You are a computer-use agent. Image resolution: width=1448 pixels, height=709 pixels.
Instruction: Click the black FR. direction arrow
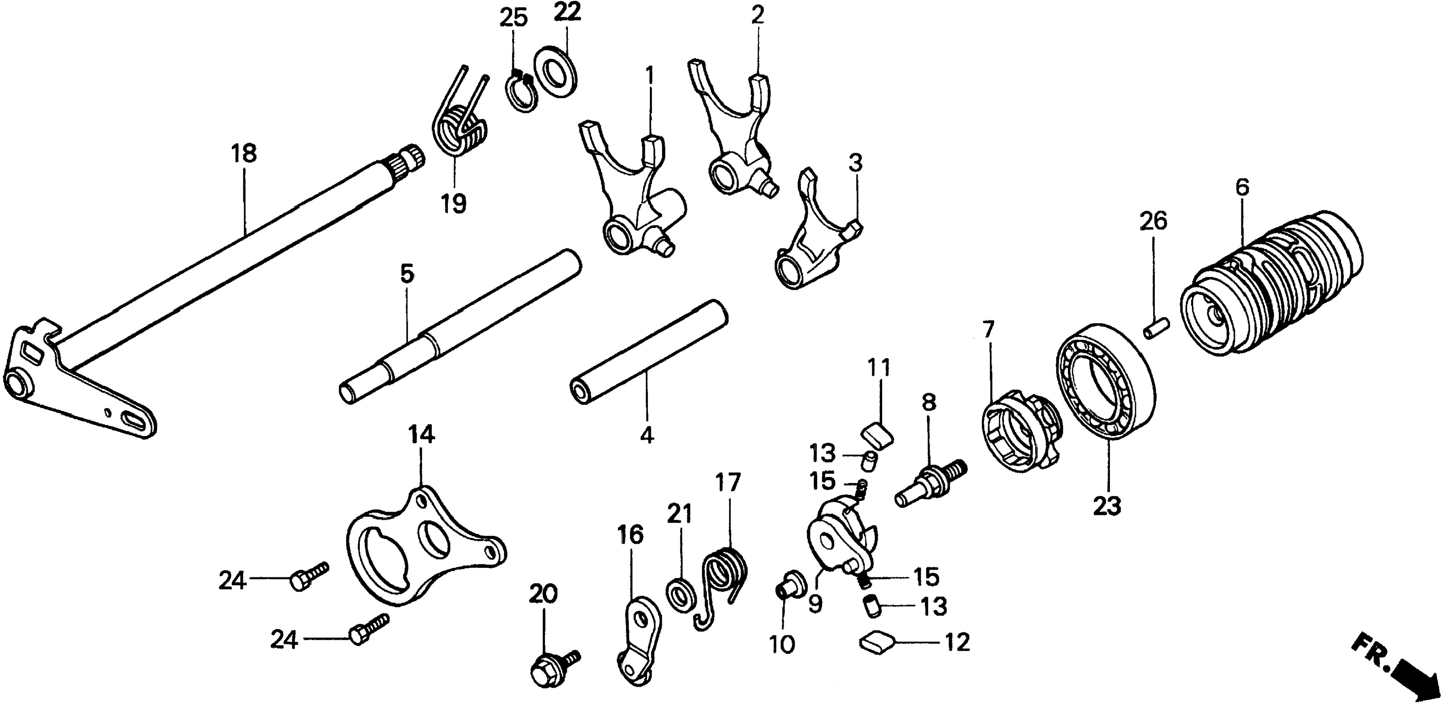click(1403, 680)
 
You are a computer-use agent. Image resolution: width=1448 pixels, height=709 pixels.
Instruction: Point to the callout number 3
click(854, 164)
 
